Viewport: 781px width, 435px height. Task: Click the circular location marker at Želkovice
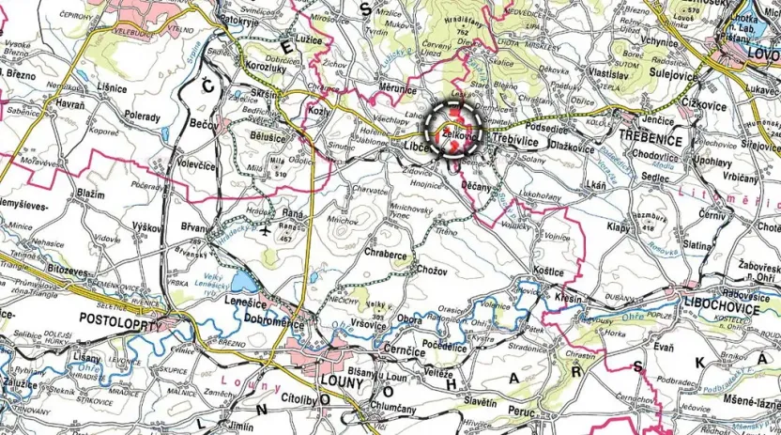pyautogui.click(x=454, y=129)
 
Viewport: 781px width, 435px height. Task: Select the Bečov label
pyautogui.click(x=203, y=123)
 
